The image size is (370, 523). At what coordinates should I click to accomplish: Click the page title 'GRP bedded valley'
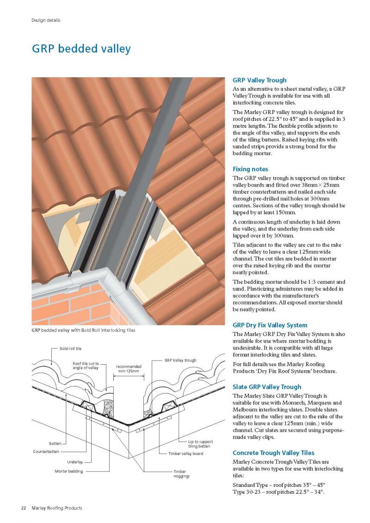point(81,49)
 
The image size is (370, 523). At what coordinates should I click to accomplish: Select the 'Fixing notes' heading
point(250,169)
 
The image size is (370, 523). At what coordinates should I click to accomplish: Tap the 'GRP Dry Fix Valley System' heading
point(270,325)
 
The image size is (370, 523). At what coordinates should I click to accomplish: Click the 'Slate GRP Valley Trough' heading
point(267,387)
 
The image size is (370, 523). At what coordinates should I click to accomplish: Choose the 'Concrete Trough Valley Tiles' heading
point(273,453)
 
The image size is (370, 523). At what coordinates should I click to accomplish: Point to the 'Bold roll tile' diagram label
point(71,349)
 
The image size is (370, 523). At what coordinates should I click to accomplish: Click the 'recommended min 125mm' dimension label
point(129,368)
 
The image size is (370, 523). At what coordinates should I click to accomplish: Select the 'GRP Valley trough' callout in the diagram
point(180,360)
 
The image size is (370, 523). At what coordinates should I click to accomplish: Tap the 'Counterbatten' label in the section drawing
point(46,452)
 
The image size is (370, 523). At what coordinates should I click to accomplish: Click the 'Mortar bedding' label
point(68,471)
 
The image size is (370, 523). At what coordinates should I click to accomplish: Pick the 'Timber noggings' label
point(181,473)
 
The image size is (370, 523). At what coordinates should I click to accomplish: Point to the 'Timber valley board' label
point(185,454)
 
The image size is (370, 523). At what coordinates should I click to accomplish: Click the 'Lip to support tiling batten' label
point(200,444)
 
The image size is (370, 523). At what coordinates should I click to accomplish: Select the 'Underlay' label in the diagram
point(75,462)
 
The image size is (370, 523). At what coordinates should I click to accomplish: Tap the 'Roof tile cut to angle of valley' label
point(86,366)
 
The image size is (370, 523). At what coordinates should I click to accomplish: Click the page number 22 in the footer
point(24,508)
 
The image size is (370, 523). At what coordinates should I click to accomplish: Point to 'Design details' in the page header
point(46,20)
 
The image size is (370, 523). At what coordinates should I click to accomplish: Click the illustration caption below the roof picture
point(83,330)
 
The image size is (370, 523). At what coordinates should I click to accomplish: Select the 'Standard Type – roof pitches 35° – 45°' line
point(279,485)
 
